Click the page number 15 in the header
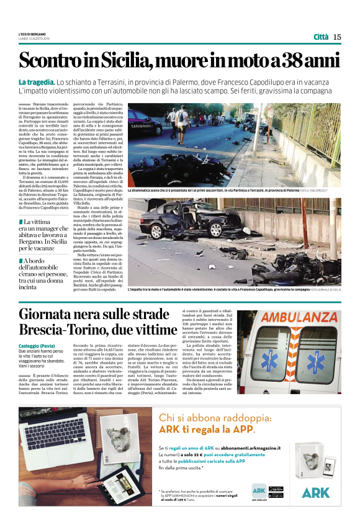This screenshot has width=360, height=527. point(337,37)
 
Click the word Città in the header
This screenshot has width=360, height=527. point(321,37)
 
